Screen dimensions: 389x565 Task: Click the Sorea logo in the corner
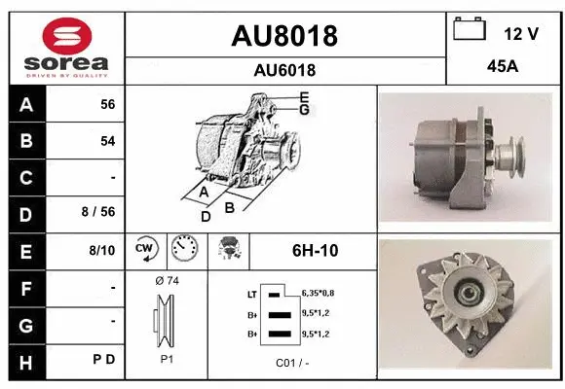[66, 48]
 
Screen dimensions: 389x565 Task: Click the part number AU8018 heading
[284, 36]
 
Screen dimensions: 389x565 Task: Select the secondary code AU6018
[284, 70]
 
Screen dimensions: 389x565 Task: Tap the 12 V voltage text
[521, 34]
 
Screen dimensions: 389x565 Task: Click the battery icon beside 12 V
[471, 30]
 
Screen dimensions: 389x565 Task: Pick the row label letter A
[25, 104]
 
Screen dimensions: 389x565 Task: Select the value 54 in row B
[107, 141]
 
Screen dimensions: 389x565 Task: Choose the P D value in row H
[104, 360]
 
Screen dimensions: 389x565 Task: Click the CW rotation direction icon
[146, 250]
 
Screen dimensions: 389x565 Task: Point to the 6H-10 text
[315, 251]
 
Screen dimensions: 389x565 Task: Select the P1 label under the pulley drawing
[167, 358]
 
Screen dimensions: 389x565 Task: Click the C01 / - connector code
[291, 364]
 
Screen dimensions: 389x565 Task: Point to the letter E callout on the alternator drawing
[304, 97]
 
